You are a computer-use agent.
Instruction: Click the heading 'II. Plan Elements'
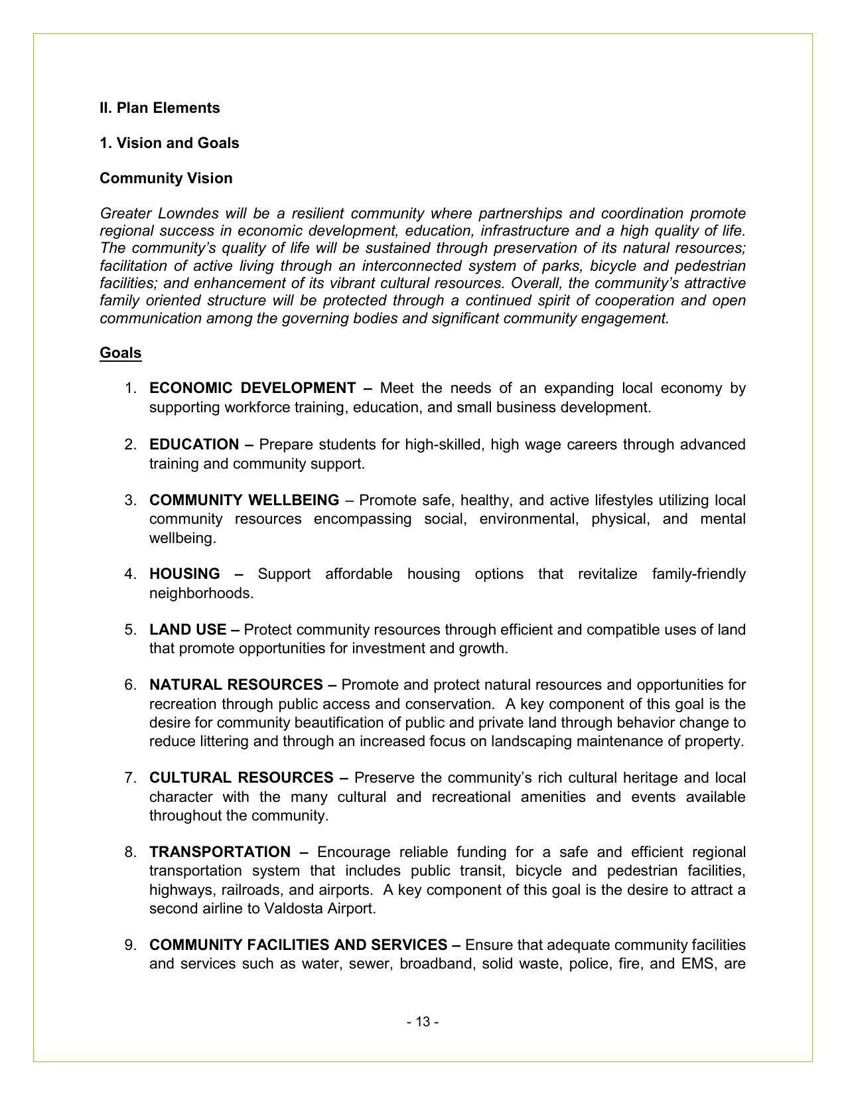pos(159,108)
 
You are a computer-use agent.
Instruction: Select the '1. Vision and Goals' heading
pos(169,143)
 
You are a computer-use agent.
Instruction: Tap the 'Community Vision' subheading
pos(166,179)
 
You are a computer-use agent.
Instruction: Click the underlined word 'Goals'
pos(120,353)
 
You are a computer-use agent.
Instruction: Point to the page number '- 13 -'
pos(423,1022)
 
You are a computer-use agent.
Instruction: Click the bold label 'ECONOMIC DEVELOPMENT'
pos(252,388)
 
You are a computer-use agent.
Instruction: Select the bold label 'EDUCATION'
pos(194,445)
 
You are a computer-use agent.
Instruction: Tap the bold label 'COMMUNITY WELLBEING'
pos(244,501)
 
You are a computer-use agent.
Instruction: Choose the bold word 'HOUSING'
pos(184,574)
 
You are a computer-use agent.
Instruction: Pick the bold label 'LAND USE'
pos(187,630)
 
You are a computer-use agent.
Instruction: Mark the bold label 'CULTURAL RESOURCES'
pos(241,778)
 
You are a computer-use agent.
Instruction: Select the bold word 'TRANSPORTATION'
pos(220,852)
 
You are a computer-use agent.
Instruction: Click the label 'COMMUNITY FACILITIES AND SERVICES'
pos(298,945)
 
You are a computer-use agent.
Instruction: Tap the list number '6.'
pos(131,685)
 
